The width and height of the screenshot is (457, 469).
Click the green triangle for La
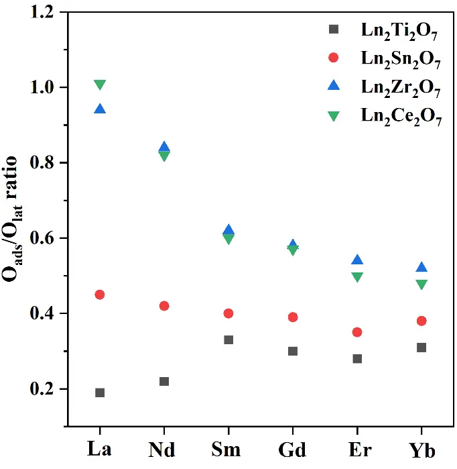tap(100, 85)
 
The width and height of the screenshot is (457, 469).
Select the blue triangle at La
tap(100, 109)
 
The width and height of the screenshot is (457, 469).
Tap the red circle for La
tap(100, 295)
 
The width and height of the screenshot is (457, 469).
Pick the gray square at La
tap(100, 393)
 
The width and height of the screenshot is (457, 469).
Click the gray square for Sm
tap(228, 340)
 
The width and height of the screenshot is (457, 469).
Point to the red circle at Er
tap(357, 332)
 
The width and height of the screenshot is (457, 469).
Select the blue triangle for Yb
tap(421, 267)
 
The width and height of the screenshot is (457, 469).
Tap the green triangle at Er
tap(357, 277)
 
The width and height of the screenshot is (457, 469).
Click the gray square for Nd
tap(164, 381)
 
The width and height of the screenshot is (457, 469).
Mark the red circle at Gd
tap(293, 317)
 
